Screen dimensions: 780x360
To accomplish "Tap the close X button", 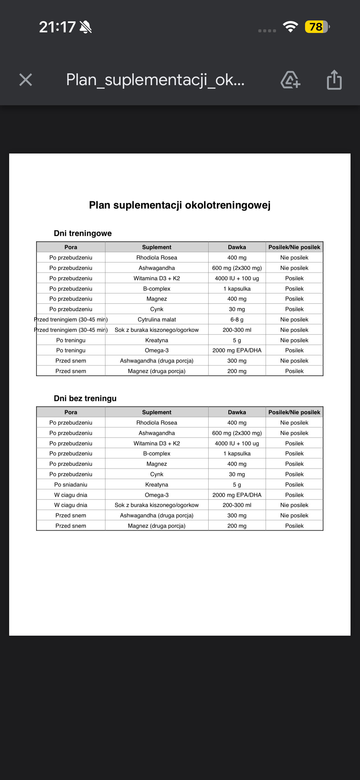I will pos(26,80).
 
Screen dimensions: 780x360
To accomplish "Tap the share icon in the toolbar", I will pos(334,80).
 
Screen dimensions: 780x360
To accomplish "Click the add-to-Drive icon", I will pos(290,80).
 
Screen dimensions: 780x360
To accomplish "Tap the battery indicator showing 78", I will pos(317,27).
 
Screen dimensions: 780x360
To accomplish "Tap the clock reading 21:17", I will pos(57,27).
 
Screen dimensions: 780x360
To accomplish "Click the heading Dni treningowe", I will pos(83,233).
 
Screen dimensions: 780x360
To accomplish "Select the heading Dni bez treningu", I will pos(85,399).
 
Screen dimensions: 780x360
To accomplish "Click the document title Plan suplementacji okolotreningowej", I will pos(180,205).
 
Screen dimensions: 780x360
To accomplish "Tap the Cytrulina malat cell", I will pos(157,320).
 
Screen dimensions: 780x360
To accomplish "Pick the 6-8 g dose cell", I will pos(237,320).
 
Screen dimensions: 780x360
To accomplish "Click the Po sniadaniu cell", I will pos(71,485).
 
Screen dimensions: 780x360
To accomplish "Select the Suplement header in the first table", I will pos(157,247).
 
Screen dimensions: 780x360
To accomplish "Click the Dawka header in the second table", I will pos(237,412).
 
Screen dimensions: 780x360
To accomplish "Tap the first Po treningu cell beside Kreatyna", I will pos(71,340).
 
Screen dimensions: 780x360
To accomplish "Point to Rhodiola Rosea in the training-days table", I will pos(157,258).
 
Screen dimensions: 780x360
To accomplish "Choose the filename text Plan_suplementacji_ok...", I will pos(155,80).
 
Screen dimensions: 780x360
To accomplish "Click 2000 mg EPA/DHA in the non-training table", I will pos(237,495).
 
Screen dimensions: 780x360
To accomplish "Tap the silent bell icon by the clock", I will pos(85,27).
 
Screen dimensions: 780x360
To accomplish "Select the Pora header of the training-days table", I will pos(71,247).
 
